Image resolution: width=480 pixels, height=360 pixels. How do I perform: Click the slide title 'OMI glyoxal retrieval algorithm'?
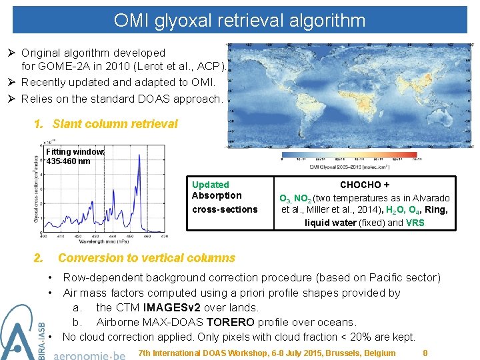[239, 20]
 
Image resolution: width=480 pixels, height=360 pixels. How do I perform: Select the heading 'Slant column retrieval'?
[115, 123]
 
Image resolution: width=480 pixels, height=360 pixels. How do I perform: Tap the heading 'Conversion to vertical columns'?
[147, 258]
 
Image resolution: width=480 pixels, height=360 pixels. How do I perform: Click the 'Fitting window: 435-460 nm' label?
[75, 156]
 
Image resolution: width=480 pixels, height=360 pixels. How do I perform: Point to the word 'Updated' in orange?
[210, 185]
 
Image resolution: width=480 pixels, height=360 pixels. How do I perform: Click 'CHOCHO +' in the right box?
[365, 185]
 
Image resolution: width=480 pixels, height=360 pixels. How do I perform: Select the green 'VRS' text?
[415, 223]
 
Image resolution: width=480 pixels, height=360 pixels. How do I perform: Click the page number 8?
[425, 352]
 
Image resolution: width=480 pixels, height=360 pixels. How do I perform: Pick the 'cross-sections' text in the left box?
[224, 209]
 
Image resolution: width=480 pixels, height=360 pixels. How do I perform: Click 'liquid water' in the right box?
[331, 223]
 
